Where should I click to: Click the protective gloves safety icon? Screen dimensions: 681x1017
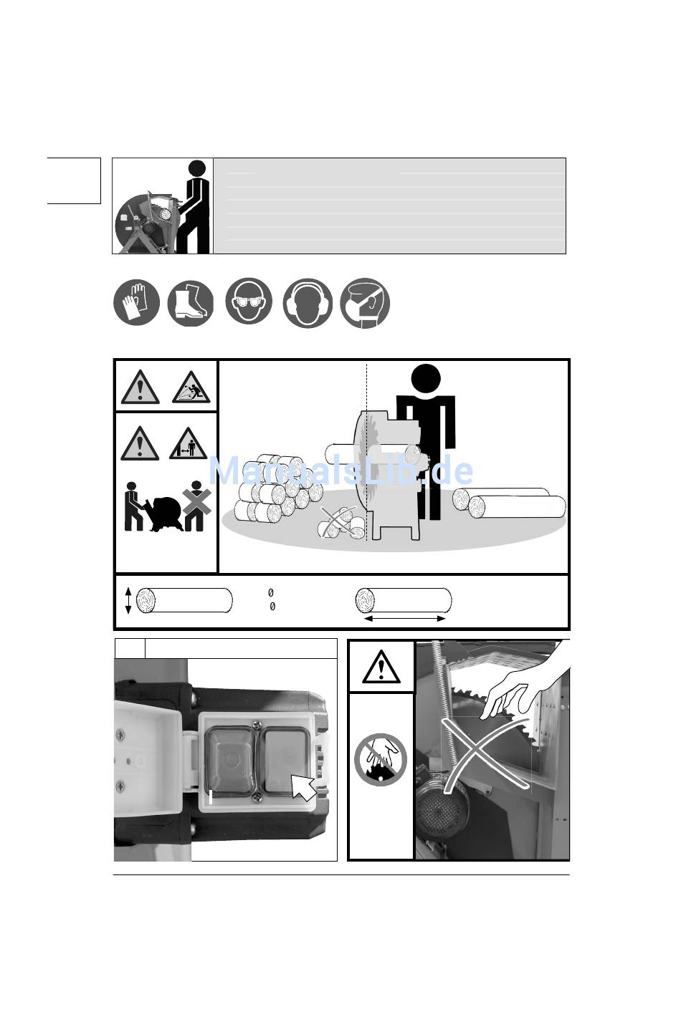point(136,302)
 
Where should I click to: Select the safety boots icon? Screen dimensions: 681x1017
point(191,303)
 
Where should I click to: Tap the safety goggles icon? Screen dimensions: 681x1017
point(249,301)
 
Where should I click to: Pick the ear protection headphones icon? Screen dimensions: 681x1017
point(308,303)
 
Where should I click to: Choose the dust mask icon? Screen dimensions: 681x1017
point(366,303)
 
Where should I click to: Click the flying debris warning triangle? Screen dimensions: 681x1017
point(191,387)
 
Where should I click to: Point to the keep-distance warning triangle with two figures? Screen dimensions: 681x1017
point(188,444)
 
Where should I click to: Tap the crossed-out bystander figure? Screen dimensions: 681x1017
point(196,506)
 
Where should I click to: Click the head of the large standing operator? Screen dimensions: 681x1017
point(426,379)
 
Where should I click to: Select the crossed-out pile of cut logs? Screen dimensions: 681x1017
point(341,523)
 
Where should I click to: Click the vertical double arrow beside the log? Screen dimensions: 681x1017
point(128,600)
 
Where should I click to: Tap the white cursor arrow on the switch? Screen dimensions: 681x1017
point(303,788)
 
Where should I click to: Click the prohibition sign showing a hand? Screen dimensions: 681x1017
point(381,760)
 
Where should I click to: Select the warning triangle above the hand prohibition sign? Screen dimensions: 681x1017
point(381,667)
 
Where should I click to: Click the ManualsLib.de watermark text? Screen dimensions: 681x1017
point(340,471)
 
